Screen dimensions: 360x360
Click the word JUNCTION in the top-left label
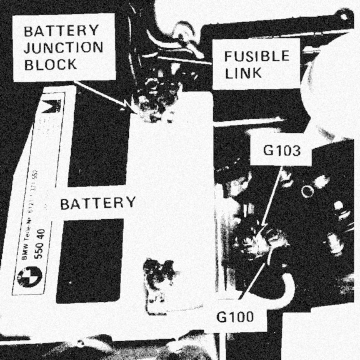point(63,47)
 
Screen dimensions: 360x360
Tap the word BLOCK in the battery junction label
point(50,65)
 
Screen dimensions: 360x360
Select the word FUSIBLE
point(257,56)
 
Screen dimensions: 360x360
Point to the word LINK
point(243,73)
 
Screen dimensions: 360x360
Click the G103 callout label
point(282,151)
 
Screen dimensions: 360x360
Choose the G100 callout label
point(235,318)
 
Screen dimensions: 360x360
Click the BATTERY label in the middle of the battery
point(98,203)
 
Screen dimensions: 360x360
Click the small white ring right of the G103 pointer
point(307,192)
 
